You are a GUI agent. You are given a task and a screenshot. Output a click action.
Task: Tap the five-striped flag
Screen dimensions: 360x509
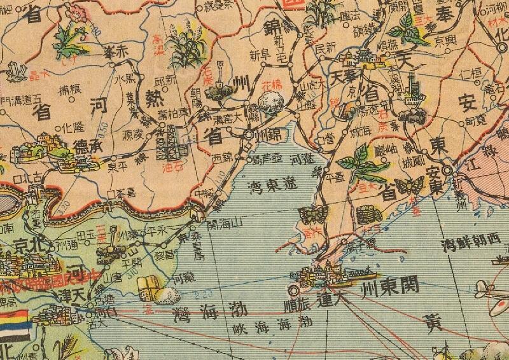coord(14,327)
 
